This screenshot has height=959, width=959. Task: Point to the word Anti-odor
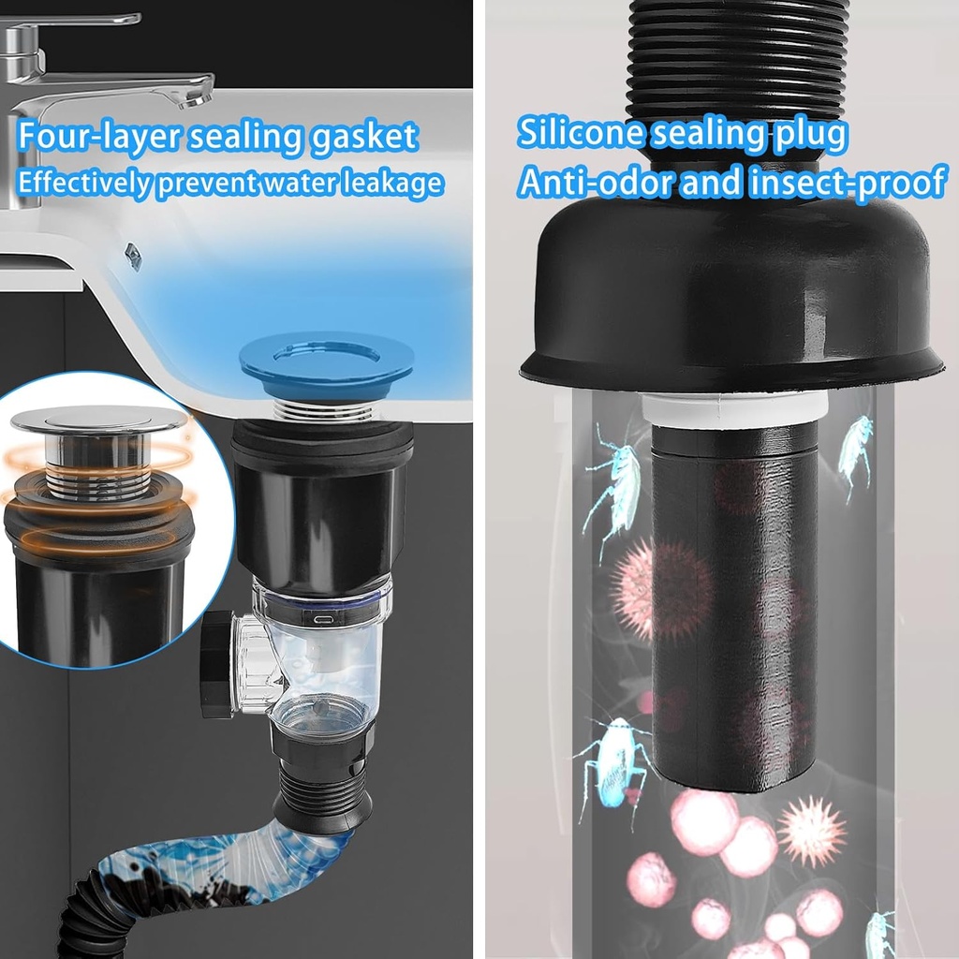pos(596,182)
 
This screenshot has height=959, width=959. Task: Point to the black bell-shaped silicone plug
pos(730,300)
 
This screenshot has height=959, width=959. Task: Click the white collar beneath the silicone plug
pos(735,408)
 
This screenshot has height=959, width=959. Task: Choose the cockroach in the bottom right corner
pos(879,934)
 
